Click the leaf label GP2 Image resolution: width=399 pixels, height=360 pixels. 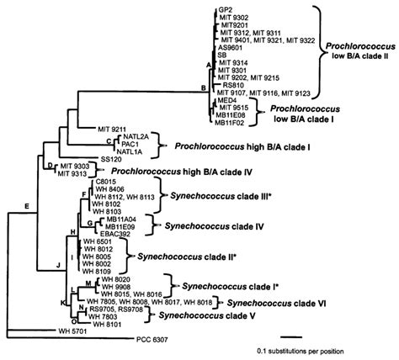coord(225,8)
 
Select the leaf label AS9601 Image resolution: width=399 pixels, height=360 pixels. coord(230,48)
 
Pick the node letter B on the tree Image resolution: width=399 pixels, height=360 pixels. coord(202,87)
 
